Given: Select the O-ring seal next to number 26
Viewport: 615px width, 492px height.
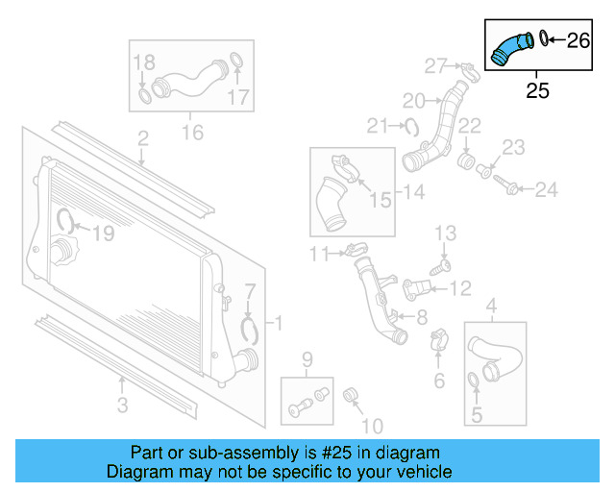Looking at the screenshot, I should (544, 38).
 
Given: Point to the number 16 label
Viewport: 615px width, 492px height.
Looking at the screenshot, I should (193, 131).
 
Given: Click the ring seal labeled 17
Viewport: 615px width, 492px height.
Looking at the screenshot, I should (237, 67).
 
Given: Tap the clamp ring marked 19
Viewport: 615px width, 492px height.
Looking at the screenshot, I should (65, 220).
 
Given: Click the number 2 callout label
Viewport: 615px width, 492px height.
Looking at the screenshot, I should (142, 140).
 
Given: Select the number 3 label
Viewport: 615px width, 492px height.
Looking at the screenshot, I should (122, 406).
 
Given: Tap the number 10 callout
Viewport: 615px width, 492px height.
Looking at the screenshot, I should (372, 425).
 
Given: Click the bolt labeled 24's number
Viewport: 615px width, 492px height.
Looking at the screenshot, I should (546, 190).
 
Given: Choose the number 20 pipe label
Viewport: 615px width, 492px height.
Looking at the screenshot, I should (413, 100).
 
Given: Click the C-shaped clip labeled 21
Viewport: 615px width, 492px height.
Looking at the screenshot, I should (410, 124).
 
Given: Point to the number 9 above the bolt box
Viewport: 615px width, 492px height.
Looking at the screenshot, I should (307, 361).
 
